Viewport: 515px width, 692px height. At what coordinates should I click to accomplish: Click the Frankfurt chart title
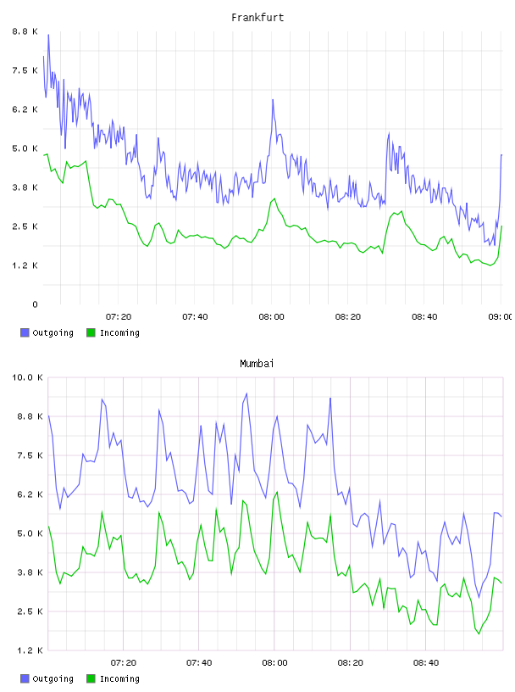(x=257, y=18)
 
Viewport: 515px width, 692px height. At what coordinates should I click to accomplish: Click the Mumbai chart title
(x=257, y=364)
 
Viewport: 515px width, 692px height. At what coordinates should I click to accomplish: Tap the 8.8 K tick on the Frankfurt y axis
(x=25, y=31)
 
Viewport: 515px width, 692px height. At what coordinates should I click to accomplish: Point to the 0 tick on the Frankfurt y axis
(x=35, y=304)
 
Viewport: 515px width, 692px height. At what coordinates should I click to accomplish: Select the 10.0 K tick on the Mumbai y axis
(x=27, y=377)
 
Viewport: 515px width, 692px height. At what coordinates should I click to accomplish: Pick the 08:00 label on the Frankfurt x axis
(x=272, y=317)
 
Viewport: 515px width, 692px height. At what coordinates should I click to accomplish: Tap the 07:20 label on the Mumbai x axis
(x=124, y=663)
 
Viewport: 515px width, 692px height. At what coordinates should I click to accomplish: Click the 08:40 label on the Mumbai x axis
(x=426, y=663)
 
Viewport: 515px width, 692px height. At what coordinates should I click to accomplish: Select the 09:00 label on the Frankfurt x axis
(x=500, y=317)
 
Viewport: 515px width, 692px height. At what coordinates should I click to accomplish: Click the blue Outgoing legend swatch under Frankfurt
(x=25, y=332)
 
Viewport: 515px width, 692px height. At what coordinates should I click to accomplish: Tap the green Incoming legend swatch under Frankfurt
(x=91, y=332)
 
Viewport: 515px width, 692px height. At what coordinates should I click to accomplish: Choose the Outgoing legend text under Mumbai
(x=53, y=678)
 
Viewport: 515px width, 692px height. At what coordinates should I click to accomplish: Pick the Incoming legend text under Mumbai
(x=119, y=678)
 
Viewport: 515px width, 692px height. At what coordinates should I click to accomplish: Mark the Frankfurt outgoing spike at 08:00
(x=273, y=100)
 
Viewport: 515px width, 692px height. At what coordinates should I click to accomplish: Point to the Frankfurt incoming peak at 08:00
(x=274, y=198)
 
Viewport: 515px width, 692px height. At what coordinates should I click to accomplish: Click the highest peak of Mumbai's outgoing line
(x=246, y=393)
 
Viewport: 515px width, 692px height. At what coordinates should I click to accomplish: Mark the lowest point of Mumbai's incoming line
(x=479, y=634)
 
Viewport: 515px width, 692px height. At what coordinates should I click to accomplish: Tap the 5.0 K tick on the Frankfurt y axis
(x=25, y=148)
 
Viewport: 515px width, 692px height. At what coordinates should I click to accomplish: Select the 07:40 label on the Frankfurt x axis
(x=196, y=317)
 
